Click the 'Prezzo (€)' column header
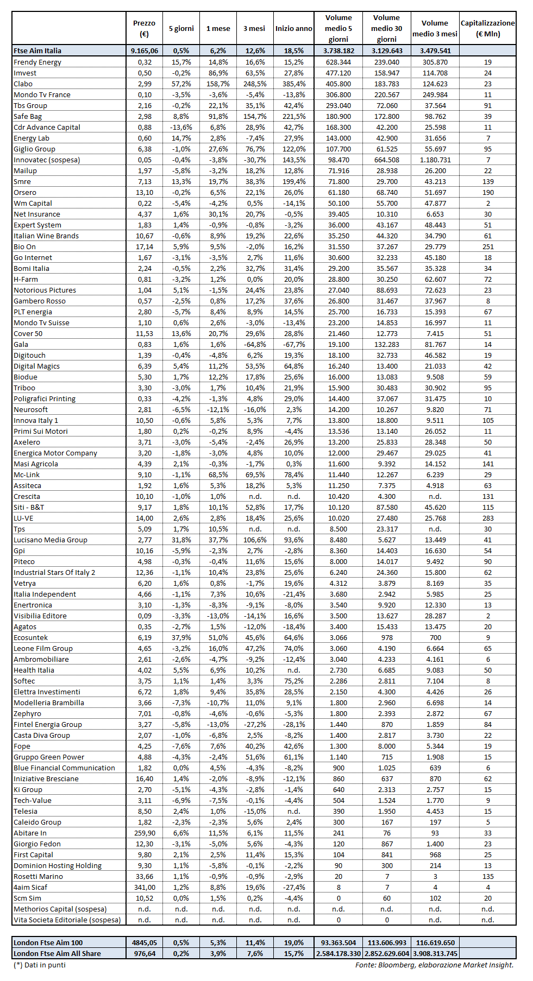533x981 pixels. click(x=144, y=28)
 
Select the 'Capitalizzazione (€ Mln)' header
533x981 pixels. click(x=487, y=28)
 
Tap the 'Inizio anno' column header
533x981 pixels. click(x=293, y=28)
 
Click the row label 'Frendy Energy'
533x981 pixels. click(x=37, y=62)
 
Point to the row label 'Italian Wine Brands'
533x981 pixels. click(x=46, y=236)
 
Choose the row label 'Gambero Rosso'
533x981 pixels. click(x=40, y=301)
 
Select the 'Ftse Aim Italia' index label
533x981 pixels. click(x=37, y=50)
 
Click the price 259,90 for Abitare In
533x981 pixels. click(x=145, y=833)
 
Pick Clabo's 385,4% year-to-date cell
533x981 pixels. click(x=293, y=84)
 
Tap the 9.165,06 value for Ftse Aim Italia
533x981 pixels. click(x=145, y=50)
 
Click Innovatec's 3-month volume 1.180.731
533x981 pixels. click(x=435, y=160)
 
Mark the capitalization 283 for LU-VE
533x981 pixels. click(x=488, y=518)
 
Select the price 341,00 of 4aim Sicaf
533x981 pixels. click(x=145, y=887)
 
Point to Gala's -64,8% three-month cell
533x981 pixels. click(x=254, y=344)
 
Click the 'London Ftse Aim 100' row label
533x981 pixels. click(x=48, y=942)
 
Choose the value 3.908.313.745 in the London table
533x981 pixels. click(x=435, y=953)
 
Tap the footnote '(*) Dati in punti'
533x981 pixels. click(x=40, y=965)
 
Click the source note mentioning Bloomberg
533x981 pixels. click(x=434, y=965)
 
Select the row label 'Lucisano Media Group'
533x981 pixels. click(x=51, y=540)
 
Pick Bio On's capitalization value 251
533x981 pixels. click(x=488, y=246)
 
